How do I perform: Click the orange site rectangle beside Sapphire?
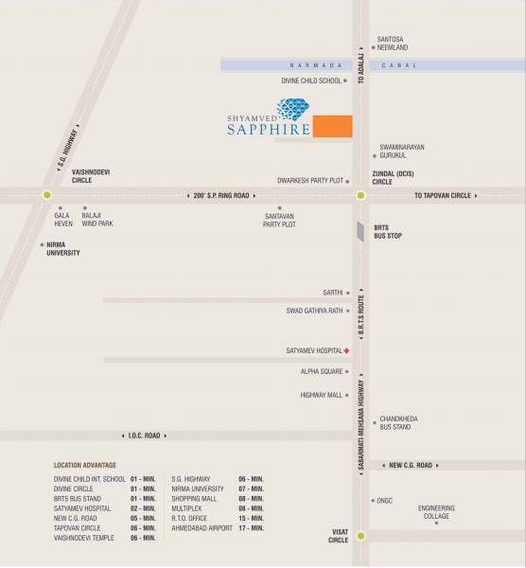[332, 126]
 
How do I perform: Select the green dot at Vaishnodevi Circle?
[47, 195]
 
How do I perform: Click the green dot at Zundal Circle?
[360, 195]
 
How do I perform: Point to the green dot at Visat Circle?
[360, 535]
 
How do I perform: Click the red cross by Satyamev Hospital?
[346, 351]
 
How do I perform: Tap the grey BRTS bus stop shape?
[359, 232]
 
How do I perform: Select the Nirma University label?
[63, 249]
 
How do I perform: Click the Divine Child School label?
[310, 81]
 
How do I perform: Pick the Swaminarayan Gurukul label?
[402, 151]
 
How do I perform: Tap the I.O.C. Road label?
[146, 435]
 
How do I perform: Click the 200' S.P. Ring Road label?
[219, 195]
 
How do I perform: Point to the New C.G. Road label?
[411, 465]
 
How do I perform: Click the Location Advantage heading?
[85, 466]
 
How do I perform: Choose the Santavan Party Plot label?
[280, 220]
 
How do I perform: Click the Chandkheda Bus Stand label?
[398, 422]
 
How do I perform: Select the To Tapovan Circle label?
[442, 195]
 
